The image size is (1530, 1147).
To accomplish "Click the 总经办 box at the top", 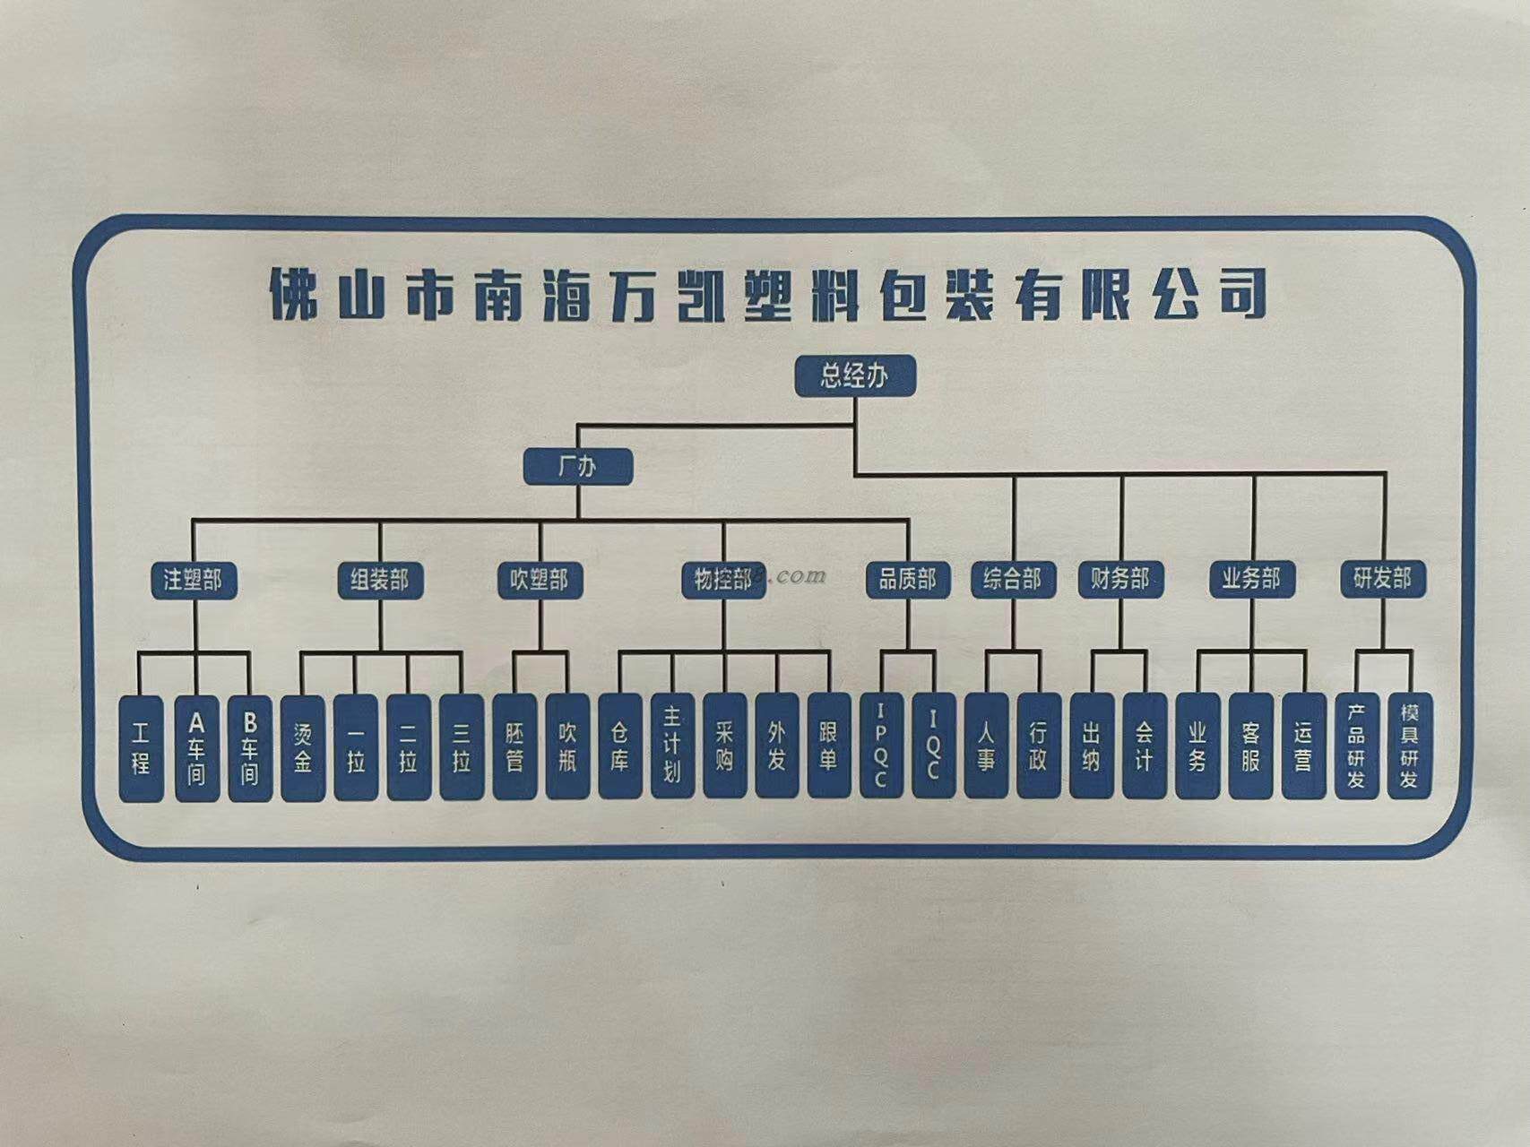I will pyautogui.click(x=855, y=375).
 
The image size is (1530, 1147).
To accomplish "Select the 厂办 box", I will pyautogui.click(x=578, y=467).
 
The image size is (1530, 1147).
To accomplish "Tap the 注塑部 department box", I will pyautogui.click(x=193, y=580).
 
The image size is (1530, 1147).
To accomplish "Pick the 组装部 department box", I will pyautogui.click(x=379, y=580).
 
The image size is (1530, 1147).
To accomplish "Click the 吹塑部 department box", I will pyautogui.click(x=540, y=580).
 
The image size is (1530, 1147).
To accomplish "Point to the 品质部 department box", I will pyautogui.click(x=907, y=580).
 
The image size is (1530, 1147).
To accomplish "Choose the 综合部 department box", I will pyautogui.click(x=1012, y=579).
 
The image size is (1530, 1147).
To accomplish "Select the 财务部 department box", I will pyautogui.click(x=1119, y=579).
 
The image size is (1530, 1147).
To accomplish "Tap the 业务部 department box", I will pyautogui.click(x=1251, y=579).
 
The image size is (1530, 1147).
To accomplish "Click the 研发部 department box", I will pyautogui.click(x=1382, y=579).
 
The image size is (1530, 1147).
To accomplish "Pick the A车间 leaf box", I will pyautogui.click(x=196, y=747).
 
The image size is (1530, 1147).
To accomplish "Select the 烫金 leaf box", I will pyautogui.click(x=303, y=747).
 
